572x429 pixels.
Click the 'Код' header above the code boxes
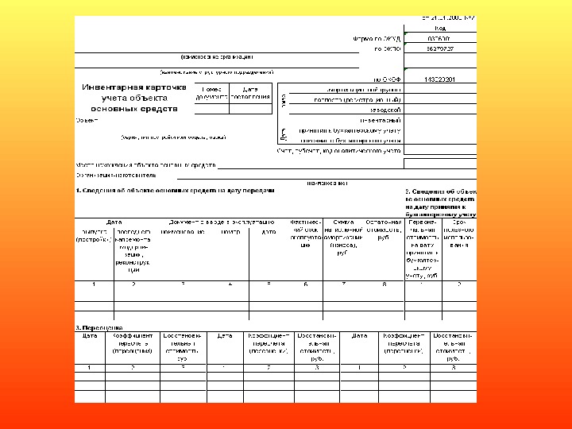(439, 27)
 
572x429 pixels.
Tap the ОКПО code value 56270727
(439, 48)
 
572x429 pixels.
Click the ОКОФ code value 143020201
(439, 79)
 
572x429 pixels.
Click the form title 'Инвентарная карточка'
(134, 87)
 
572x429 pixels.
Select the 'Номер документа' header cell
(211, 92)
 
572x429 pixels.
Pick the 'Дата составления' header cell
(250, 92)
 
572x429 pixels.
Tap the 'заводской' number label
(386, 110)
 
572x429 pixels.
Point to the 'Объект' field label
(87, 121)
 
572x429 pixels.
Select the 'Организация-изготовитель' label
(116, 176)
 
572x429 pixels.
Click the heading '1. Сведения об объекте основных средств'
(175, 191)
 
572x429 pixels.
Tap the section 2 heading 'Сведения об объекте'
(442, 192)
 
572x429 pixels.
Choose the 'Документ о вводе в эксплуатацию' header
(221, 222)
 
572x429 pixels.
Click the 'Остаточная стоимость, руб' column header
(384, 232)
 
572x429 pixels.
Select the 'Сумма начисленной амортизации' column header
(343, 237)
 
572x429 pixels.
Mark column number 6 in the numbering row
(305, 284)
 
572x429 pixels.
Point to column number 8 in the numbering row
(384, 284)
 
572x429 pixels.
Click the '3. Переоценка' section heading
(99, 327)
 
